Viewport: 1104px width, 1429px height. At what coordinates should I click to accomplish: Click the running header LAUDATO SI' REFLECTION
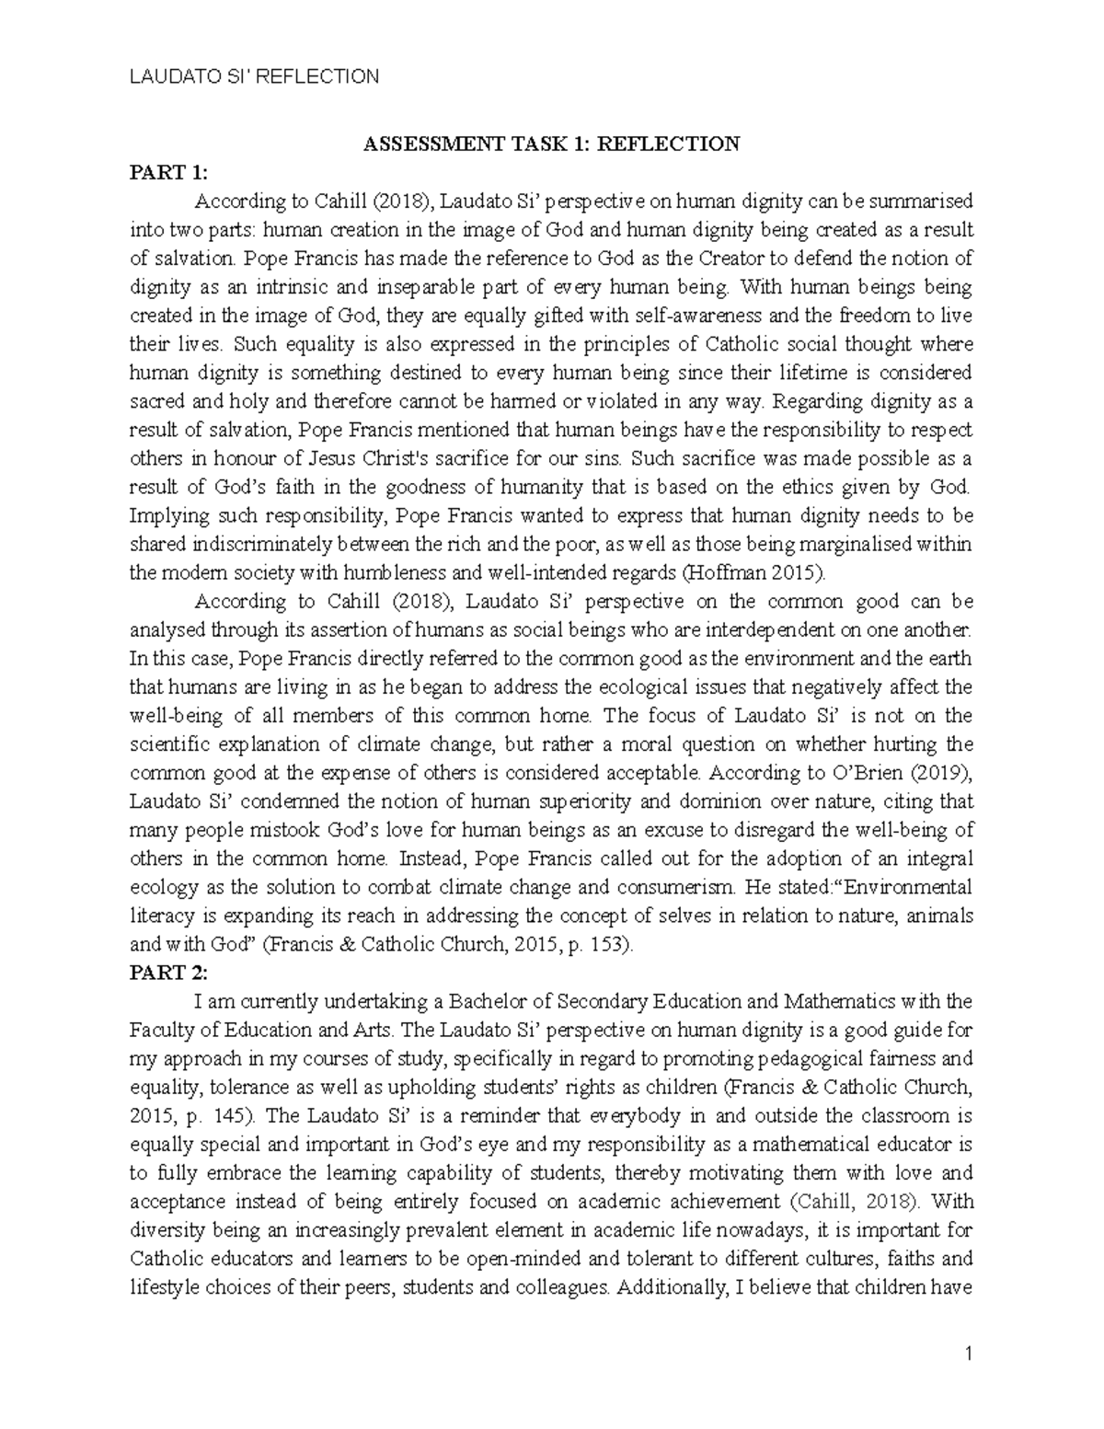point(253,76)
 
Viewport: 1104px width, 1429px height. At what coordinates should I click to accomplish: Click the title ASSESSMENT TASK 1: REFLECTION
point(551,144)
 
